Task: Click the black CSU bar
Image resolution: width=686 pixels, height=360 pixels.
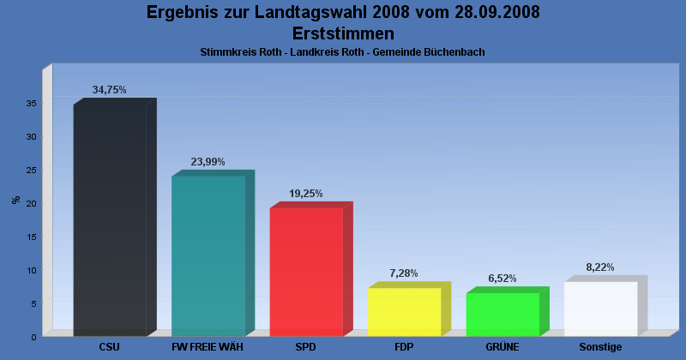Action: tap(110, 220)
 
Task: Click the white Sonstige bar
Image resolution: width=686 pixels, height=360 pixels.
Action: tap(600, 309)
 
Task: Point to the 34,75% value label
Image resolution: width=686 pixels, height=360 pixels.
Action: tap(110, 90)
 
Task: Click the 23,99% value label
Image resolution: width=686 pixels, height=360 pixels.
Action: tap(208, 162)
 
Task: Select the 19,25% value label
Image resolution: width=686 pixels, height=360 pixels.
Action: tap(306, 194)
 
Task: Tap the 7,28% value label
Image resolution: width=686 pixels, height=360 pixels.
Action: tap(404, 273)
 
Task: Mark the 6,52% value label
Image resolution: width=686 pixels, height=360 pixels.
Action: tap(502, 279)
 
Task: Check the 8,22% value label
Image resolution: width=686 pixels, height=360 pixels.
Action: tap(600, 267)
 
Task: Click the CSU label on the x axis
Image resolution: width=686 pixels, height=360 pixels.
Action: tap(110, 347)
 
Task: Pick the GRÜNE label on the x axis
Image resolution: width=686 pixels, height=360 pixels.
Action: tap(502, 347)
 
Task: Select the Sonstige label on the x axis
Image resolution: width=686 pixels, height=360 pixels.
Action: tap(600, 347)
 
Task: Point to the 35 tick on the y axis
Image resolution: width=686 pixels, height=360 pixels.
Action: tap(31, 103)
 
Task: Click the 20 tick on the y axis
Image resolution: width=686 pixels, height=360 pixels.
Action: tap(31, 203)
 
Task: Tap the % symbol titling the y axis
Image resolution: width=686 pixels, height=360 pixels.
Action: tap(15, 200)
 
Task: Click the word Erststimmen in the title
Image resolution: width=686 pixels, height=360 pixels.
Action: tap(343, 33)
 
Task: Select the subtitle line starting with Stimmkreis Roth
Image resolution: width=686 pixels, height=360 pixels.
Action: tap(343, 52)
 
